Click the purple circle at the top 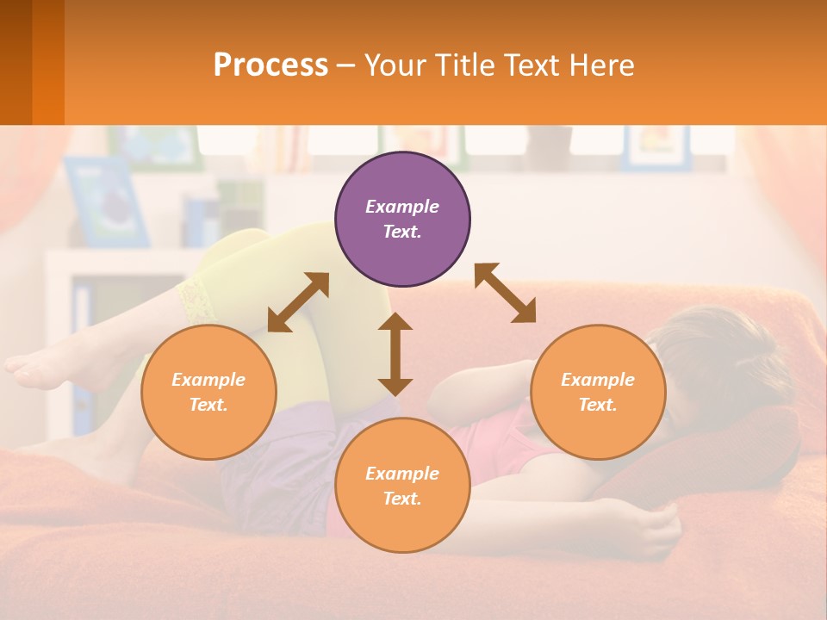(x=402, y=220)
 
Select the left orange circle (x=208, y=392)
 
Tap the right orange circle (x=598, y=392)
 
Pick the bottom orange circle (x=402, y=486)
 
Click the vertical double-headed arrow (x=395, y=354)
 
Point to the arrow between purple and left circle (x=298, y=302)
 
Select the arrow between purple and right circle (x=505, y=293)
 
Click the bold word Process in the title (x=270, y=65)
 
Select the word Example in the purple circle (x=402, y=207)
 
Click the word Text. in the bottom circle (x=402, y=499)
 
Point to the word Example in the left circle (x=208, y=380)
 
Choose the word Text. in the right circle (x=598, y=405)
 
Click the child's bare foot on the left (x=39, y=366)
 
